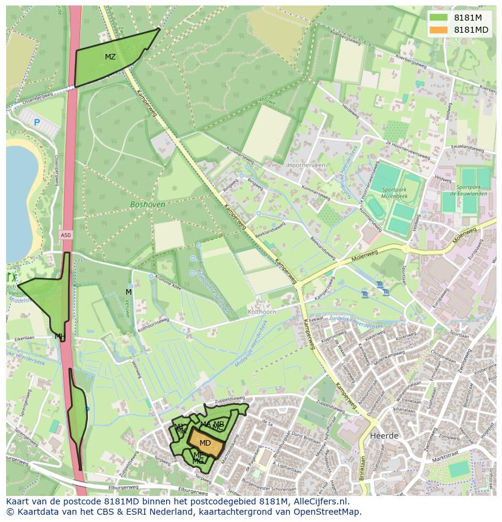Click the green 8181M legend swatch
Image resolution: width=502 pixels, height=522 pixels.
click(438, 18)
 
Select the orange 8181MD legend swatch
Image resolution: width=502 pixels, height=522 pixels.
click(438, 30)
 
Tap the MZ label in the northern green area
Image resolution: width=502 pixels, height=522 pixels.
click(110, 57)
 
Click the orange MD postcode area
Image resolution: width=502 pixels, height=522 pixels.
click(206, 443)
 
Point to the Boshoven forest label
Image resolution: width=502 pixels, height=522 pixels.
click(147, 205)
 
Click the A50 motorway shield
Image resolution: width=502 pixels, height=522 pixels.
click(65, 234)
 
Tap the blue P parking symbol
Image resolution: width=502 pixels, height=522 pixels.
click(36, 122)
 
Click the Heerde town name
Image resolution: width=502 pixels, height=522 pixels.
click(383, 436)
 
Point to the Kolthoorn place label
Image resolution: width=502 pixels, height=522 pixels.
click(262, 312)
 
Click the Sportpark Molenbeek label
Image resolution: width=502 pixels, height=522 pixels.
click(395, 192)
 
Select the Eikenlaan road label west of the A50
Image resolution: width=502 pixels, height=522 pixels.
click(24, 338)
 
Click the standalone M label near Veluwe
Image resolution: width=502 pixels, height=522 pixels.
click(129, 292)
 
